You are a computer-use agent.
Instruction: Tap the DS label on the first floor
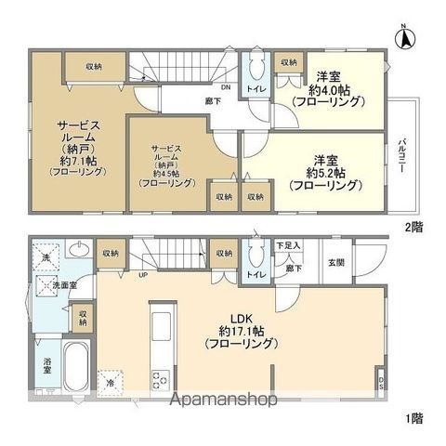click(383, 382)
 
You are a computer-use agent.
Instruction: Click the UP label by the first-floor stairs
click(142, 275)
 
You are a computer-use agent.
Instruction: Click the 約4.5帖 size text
click(167, 171)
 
